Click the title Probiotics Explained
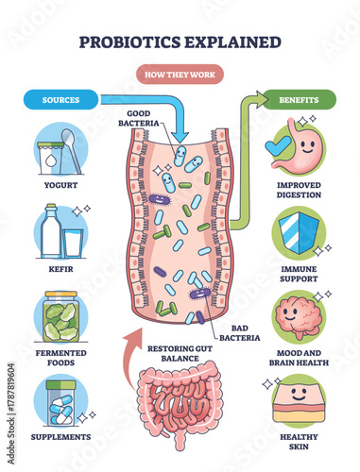click(180, 42)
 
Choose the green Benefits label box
click(299, 98)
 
